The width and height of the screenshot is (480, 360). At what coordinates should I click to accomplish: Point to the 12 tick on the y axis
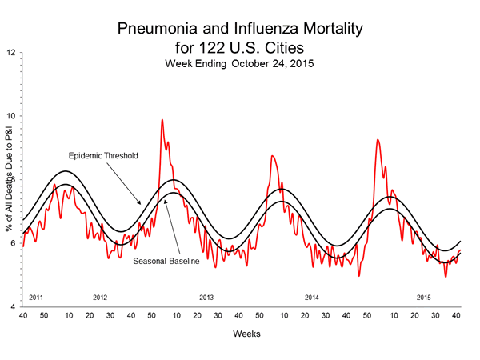[x=10, y=53]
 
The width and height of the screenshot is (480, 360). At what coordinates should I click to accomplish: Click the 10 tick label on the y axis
[x=10, y=116]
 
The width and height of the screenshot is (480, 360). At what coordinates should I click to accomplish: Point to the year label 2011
[x=36, y=298]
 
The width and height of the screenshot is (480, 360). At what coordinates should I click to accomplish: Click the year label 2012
[x=100, y=298]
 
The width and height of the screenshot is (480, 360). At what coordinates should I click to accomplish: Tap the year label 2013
[x=206, y=298]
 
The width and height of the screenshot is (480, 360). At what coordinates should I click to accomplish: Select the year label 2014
[x=312, y=298]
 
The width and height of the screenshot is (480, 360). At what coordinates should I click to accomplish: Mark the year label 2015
[x=424, y=298]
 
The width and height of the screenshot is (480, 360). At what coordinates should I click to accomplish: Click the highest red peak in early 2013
[x=162, y=120]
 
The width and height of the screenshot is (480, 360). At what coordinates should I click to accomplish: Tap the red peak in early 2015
[x=378, y=140]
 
